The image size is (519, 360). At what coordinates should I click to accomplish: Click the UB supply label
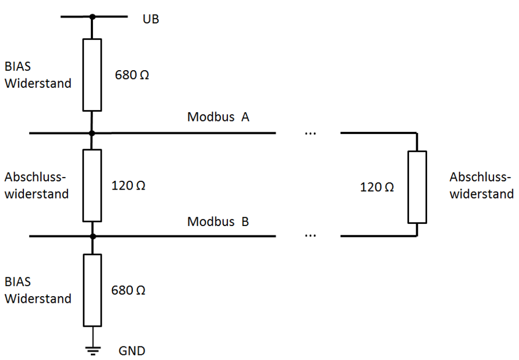[x=151, y=20]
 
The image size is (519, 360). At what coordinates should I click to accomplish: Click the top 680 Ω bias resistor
[x=92, y=75]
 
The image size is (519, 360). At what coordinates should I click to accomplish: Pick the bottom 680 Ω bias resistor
[x=92, y=290]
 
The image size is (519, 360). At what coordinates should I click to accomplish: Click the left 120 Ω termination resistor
[x=92, y=185]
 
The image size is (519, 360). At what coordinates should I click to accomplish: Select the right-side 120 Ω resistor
[x=417, y=186]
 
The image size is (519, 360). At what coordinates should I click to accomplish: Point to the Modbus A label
[x=218, y=117]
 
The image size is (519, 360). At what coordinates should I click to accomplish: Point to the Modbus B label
[x=218, y=222]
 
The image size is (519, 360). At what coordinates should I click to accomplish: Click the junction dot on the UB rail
[x=92, y=17]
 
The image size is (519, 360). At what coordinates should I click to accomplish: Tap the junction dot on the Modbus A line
[x=92, y=133]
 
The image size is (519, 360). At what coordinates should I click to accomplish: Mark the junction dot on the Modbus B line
[x=92, y=236]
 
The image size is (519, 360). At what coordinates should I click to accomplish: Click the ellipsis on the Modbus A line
[x=310, y=133]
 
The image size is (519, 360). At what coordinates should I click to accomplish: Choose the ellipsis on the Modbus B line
[x=310, y=236]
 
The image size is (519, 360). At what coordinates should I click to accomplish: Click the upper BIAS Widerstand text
[x=37, y=75]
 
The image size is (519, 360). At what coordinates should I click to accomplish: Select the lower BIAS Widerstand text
[x=37, y=290]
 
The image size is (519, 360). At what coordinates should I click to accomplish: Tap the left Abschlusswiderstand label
[x=36, y=185]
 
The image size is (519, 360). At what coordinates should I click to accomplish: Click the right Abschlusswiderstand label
[x=481, y=185]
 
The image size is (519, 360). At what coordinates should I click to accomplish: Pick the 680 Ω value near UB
[x=132, y=75]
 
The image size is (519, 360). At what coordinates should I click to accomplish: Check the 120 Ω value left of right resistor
[x=377, y=187]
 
